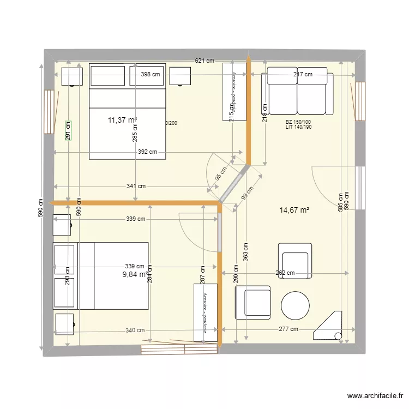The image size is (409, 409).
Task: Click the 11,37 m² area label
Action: pyautogui.click(x=122, y=121)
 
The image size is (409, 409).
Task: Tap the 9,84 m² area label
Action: pyautogui.click(x=136, y=274)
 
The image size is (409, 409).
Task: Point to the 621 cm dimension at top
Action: pyautogui.click(x=204, y=61)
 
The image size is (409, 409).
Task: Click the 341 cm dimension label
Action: pyautogui.click(x=136, y=186)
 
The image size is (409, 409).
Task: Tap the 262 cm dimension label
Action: pyautogui.click(x=285, y=273)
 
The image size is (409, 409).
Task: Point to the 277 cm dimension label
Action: pyautogui.click(x=288, y=329)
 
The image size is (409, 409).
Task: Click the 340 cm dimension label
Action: pyautogui.click(x=135, y=330)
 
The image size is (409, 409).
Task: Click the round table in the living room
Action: pyautogui.click(x=295, y=306)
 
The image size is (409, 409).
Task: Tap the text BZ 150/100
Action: pyautogui.click(x=298, y=122)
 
